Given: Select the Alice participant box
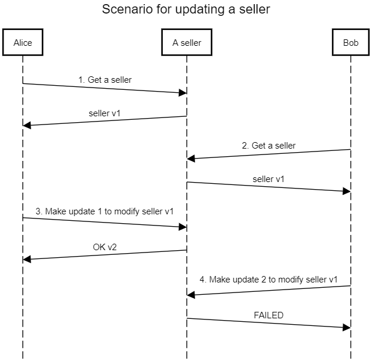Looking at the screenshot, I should (x=23, y=42).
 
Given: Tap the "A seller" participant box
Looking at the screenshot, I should (x=187, y=42).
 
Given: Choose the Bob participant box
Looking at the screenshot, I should (x=350, y=42).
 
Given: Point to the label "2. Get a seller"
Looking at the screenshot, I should (x=269, y=145).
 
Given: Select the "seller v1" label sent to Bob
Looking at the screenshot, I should (x=269, y=178).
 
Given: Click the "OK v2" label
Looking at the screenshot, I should (x=105, y=247).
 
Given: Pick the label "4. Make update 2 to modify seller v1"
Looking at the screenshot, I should (x=269, y=280).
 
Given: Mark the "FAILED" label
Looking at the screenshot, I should (x=269, y=315).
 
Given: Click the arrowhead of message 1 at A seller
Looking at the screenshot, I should (x=183, y=93).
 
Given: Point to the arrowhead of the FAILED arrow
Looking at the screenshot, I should (x=346, y=327).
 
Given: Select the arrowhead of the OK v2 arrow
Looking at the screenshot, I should (x=27, y=259).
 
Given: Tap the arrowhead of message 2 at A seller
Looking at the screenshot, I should (x=191, y=159).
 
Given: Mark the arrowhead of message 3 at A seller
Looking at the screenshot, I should (x=183, y=227).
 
